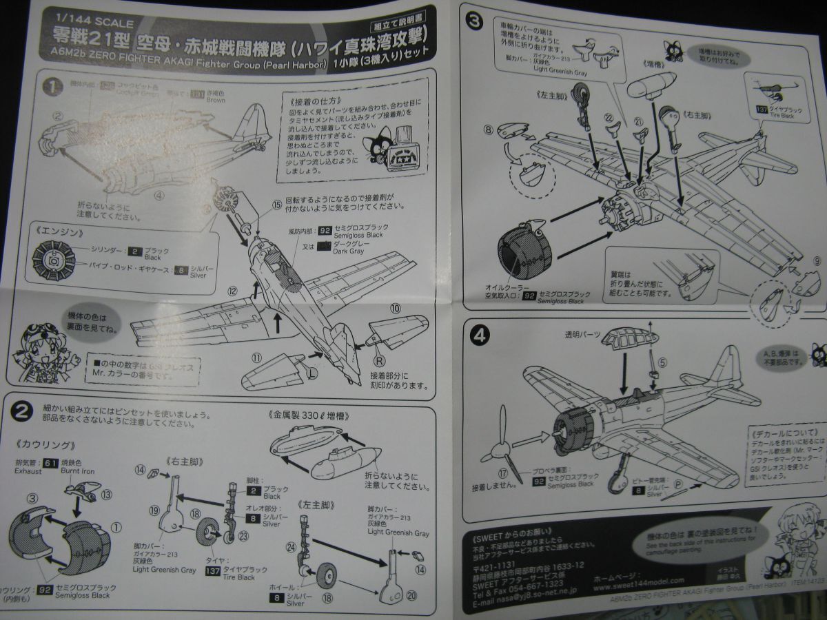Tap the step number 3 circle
point(474,21)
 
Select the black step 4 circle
point(480,336)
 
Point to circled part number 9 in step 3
point(817,260)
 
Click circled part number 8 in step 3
point(489,129)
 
